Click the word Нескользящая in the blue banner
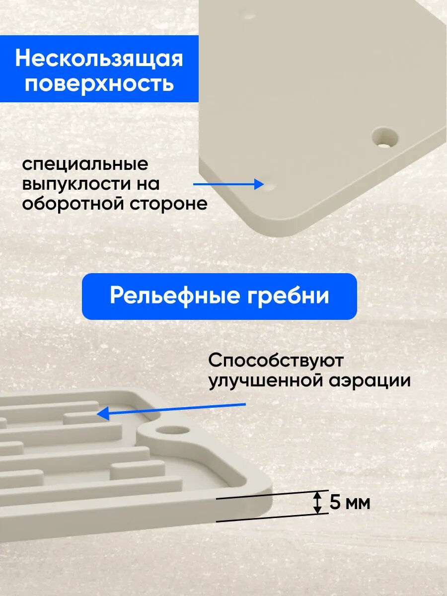coord(99,59)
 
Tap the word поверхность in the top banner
coord(99,83)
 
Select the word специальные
coord(84,165)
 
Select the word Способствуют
coord(276,361)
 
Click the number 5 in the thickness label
coord(336,503)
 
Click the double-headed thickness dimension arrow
coord(316,503)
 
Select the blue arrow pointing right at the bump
coord(228,184)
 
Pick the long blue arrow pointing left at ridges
coord(171,409)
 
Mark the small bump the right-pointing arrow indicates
coord(271,187)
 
